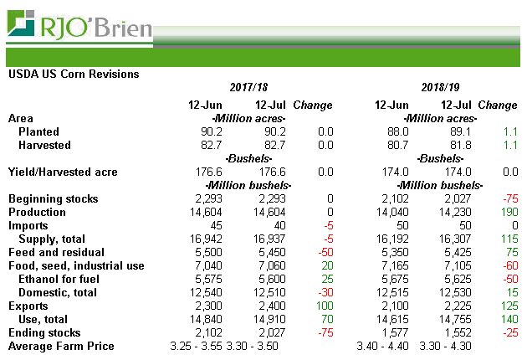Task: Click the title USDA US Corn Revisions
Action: click(x=74, y=74)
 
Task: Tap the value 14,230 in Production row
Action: click(x=453, y=213)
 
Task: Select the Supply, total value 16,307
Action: click(x=453, y=239)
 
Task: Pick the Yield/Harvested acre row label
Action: click(x=63, y=172)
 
